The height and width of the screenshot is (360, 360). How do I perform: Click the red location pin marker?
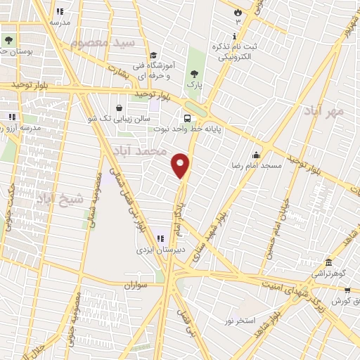(181, 165)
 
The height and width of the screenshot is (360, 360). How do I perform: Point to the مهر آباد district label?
(324, 110)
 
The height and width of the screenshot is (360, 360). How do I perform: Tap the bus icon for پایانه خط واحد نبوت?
(188, 119)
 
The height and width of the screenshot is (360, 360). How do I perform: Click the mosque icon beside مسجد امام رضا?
(257, 155)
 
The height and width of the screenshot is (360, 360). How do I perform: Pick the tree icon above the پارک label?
(193, 71)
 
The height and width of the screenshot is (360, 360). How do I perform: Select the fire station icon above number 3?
(238, 12)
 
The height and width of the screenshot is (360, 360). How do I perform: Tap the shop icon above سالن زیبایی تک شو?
(119, 108)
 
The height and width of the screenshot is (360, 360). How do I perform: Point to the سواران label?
(139, 285)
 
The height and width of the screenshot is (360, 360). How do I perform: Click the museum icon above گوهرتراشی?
(328, 262)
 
